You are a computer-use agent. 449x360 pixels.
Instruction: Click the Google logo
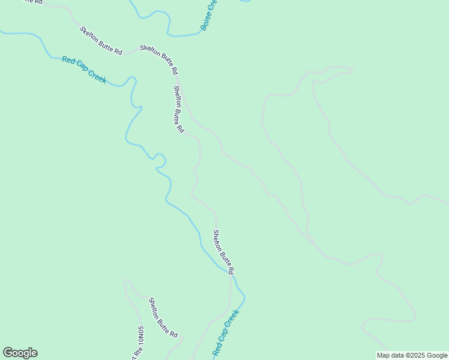20,353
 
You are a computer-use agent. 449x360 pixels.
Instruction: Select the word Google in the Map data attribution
436,355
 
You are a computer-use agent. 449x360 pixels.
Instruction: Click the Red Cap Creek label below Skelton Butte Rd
84,70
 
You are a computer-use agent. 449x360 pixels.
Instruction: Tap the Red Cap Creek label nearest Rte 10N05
226,332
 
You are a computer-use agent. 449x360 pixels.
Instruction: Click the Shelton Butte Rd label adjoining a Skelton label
178,109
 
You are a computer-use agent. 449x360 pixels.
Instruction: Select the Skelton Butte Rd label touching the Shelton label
159,60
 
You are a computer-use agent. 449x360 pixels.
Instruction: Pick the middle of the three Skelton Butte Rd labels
101,41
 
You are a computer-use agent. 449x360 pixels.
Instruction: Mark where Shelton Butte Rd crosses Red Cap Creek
231,273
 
